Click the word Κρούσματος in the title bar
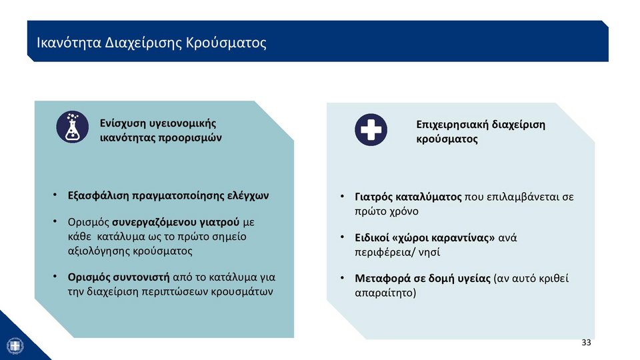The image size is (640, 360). pos(226,43)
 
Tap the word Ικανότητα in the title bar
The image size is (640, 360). pos(69,43)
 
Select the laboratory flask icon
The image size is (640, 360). pos(72,127)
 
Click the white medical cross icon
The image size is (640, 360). pos(371,130)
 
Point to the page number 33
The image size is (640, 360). pos(586,343)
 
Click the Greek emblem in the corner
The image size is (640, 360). pos(15,346)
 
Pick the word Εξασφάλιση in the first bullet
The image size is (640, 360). pos(99,195)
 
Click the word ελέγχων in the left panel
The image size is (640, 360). pos(248,196)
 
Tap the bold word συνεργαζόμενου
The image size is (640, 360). pos(176,223)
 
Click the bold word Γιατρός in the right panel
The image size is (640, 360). pos(374,197)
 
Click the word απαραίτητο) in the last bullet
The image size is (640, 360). pos(386,293)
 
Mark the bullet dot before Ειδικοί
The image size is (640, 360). pos(343,237)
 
